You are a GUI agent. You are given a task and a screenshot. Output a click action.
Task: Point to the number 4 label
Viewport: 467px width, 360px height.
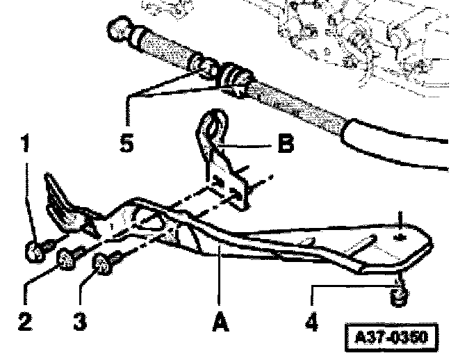coord(311,323)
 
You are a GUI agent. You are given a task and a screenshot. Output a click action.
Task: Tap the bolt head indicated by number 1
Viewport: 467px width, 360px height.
coord(32,252)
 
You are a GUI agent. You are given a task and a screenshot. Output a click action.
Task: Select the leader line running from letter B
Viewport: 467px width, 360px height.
coord(250,146)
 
